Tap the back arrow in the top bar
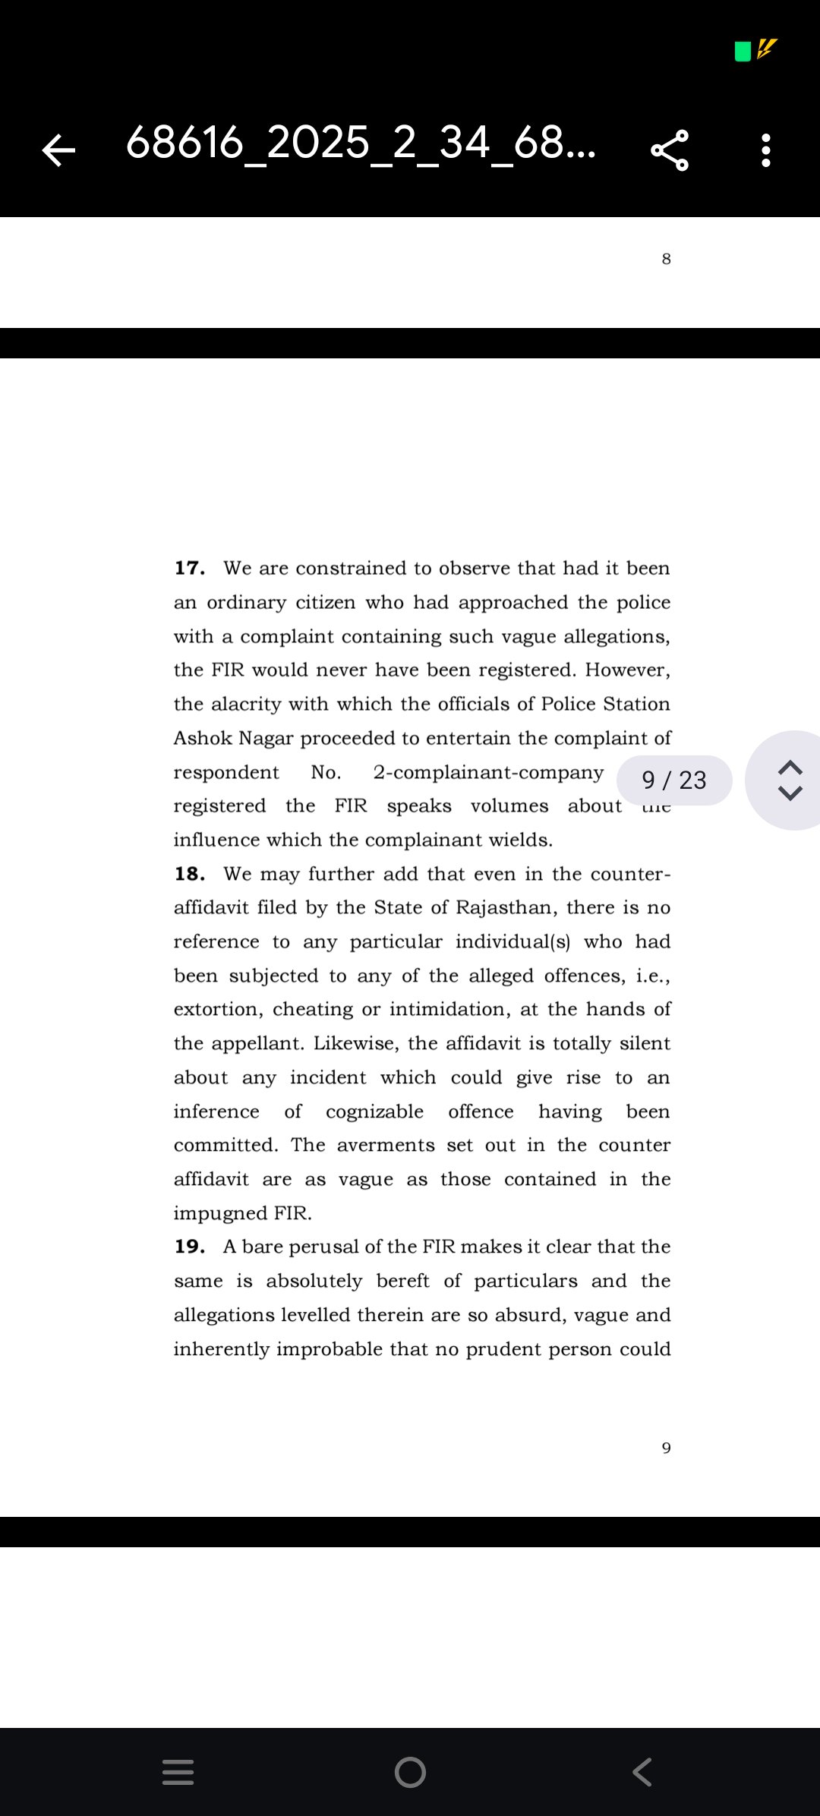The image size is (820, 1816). pos(58,150)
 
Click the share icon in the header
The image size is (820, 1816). pos(670,150)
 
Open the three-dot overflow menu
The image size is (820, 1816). pos(765,150)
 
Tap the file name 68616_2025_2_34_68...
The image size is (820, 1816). pos(361,143)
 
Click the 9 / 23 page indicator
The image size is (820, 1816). pos(674,780)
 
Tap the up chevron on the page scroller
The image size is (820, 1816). pos(790,767)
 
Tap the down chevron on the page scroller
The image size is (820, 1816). pos(790,794)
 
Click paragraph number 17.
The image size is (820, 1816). pos(189,568)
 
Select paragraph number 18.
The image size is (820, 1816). pos(189,874)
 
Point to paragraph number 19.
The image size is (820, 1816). pos(189,1247)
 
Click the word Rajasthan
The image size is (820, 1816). pos(506,908)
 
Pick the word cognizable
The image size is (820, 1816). pos(374,1111)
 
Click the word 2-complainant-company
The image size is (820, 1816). pos(488,772)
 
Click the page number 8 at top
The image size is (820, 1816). pos(666,259)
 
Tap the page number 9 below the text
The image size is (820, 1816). pos(666,1448)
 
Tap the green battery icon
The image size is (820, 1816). pos(743,51)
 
